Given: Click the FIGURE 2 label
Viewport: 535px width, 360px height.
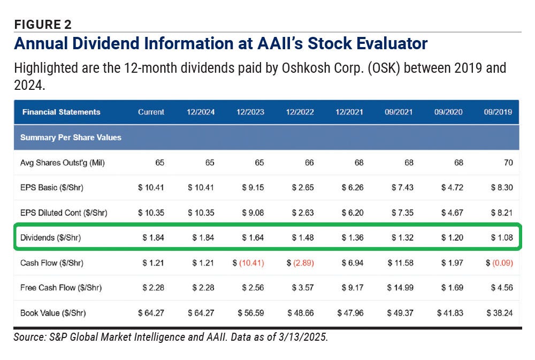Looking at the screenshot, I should pyautogui.click(x=43, y=24).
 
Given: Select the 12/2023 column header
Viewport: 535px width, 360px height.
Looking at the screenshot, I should pyautogui.click(x=250, y=112).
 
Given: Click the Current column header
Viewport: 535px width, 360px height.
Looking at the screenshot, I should pyautogui.click(x=151, y=112).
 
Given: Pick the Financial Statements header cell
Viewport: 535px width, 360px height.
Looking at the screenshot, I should pyautogui.click(x=61, y=112).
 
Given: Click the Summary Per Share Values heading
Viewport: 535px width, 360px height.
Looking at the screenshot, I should pyautogui.click(x=71, y=137).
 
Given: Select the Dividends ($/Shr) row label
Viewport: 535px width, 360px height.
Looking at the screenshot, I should pyautogui.click(x=50, y=238).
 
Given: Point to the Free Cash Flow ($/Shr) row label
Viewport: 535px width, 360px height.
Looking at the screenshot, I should pyautogui.click(x=60, y=288).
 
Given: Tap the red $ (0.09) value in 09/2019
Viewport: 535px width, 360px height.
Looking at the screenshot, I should pyautogui.click(x=499, y=263).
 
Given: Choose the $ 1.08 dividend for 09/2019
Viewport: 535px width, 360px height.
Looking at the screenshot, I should pyautogui.click(x=502, y=238).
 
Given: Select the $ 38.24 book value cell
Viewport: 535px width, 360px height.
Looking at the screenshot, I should pyautogui.click(x=500, y=313).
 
